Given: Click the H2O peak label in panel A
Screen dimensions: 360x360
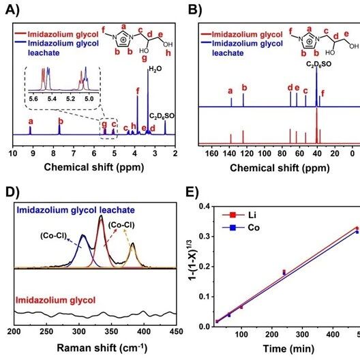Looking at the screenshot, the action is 155,69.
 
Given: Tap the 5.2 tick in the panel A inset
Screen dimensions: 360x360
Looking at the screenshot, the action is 70,99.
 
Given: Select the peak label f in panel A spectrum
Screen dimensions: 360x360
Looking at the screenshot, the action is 138,91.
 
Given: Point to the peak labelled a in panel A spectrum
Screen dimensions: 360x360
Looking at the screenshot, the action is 30,130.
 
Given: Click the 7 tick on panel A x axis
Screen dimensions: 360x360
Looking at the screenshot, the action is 74,153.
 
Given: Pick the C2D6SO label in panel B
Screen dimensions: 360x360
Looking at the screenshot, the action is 319,64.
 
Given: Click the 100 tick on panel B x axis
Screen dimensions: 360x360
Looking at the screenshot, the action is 265,153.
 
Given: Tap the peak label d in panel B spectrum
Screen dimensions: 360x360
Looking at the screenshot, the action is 290,88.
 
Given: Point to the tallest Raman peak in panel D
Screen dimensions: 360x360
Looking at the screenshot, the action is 101,215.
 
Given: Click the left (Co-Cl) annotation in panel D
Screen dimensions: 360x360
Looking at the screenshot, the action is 53,236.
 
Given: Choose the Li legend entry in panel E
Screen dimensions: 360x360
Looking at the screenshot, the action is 239,215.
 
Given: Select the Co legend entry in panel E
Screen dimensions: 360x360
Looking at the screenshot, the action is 241,228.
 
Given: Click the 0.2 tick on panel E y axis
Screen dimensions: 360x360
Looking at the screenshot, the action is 205,267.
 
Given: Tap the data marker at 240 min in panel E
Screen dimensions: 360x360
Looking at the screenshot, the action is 284,272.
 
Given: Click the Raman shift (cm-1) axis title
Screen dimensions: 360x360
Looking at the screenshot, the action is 102,347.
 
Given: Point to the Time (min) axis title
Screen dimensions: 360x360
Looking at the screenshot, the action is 288,349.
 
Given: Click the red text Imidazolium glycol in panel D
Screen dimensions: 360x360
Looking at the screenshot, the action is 55,300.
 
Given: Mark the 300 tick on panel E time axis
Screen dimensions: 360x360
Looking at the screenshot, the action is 302,334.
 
